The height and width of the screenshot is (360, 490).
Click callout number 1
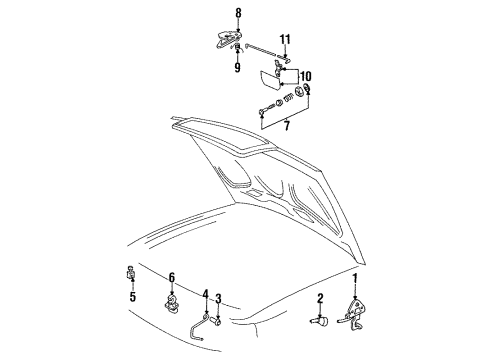pos(355,278)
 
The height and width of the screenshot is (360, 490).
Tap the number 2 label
pos(320,298)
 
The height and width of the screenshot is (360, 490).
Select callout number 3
pos(218,299)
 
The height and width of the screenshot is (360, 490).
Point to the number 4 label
pos(205,294)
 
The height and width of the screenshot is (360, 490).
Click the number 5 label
pos(133,296)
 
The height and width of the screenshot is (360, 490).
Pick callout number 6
pos(172,277)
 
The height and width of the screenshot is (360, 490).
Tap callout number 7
pos(287,126)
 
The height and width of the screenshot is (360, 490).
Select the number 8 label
pos(238,13)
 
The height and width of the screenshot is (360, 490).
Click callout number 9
pos(237,67)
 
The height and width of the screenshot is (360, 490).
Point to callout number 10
pos(305,76)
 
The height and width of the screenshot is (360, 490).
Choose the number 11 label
pos(285,40)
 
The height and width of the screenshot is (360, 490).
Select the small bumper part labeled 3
pos(217,322)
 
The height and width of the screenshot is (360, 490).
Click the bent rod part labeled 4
pos(196,330)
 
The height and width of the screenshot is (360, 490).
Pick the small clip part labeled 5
pos(131,272)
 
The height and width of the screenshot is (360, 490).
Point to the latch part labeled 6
pos(172,305)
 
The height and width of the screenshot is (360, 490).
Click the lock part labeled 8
pos(227,39)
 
